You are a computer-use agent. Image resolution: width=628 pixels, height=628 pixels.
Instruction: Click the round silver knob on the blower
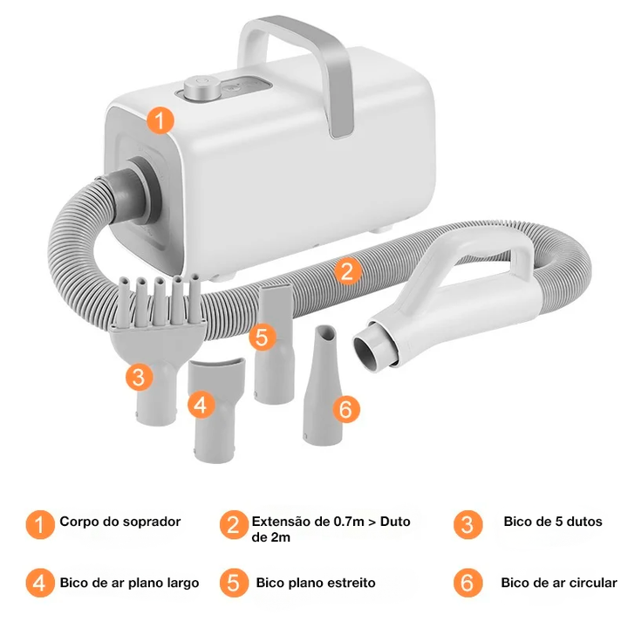click(201, 87)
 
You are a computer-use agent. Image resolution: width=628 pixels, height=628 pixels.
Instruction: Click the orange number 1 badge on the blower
click(160, 120)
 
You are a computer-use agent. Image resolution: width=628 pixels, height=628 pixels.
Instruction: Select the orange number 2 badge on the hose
click(347, 270)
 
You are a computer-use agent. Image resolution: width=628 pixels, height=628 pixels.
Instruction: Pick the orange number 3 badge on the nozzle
click(139, 377)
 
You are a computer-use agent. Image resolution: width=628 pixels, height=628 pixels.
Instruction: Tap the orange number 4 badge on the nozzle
click(201, 405)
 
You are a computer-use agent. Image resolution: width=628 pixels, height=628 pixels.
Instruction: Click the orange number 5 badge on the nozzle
click(262, 337)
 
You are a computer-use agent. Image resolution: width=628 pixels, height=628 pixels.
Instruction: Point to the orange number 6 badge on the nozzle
click(346, 409)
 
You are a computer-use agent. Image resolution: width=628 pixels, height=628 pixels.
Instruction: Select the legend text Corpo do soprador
click(120, 522)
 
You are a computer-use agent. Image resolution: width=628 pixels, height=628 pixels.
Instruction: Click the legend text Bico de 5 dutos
click(553, 522)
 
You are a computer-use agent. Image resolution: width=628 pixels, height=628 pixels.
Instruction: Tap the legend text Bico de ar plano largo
click(129, 583)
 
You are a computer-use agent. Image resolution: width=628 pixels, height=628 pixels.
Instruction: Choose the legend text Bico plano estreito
click(316, 583)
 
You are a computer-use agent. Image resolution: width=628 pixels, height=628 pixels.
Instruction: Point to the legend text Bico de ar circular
click(559, 583)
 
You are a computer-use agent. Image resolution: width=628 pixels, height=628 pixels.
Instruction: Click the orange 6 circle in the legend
click(468, 584)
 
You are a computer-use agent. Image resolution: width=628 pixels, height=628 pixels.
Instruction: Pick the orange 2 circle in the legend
click(234, 525)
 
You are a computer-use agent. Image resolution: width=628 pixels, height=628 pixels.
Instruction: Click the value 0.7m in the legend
click(349, 522)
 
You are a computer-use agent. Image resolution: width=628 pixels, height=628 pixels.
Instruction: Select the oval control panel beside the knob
click(247, 86)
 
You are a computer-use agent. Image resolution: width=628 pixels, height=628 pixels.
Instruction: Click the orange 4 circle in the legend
click(40, 584)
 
